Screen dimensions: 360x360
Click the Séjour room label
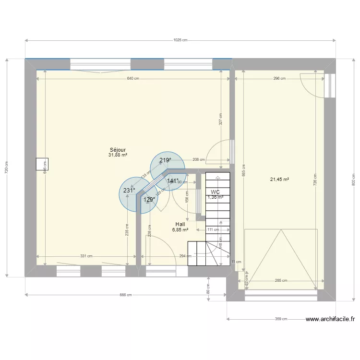tap(118, 150)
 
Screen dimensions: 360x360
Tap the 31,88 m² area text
tap(118, 155)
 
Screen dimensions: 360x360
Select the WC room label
tap(215, 192)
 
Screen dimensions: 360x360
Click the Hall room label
tap(180, 224)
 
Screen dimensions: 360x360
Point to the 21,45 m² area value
tap(279, 180)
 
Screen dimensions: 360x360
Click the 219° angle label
tap(166, 161)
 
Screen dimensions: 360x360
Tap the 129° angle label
tap(149, 200)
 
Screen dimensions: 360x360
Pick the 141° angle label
tap(173, 181)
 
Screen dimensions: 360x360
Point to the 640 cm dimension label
tap(133, 78)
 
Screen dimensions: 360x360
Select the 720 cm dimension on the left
tap(6, 168)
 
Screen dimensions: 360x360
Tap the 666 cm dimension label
tap(126, 295)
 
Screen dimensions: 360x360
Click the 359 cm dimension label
tap(281, 319)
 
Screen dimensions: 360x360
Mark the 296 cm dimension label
tap(279, 78)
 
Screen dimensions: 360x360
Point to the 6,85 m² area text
tap(180, 230)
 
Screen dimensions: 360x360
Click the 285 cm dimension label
tap(281, 281)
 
